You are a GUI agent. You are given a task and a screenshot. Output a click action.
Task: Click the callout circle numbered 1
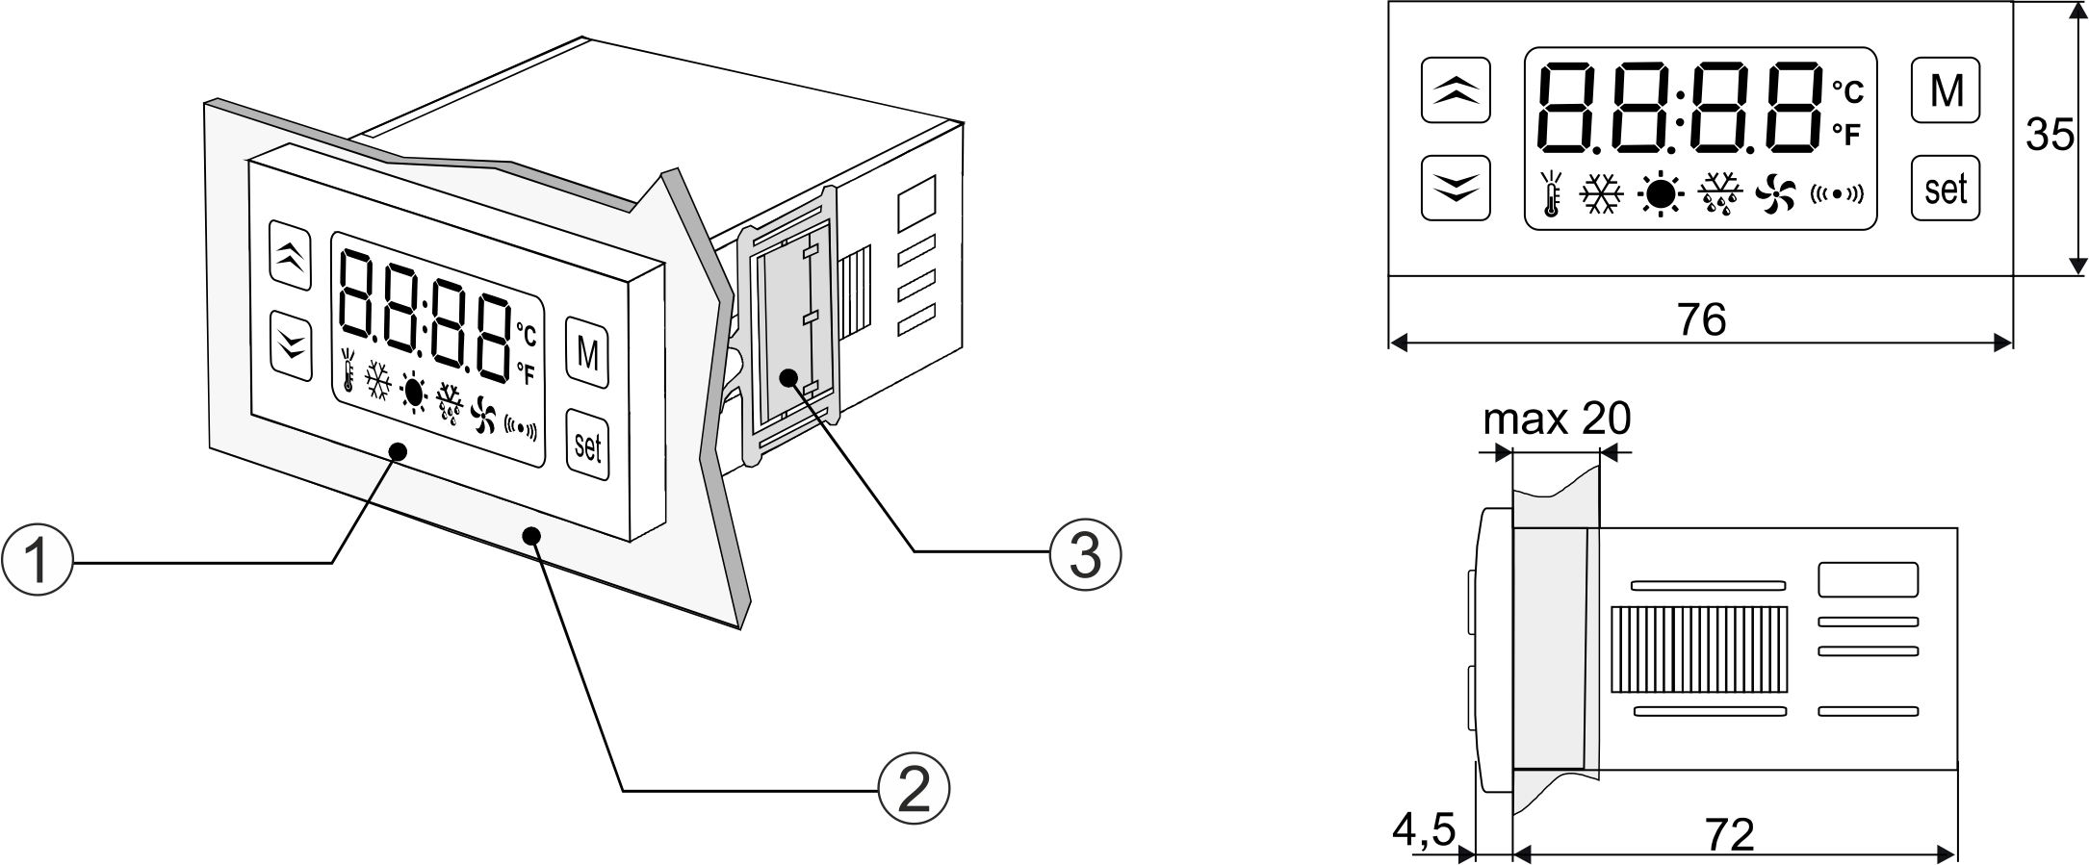[x=37, y=559]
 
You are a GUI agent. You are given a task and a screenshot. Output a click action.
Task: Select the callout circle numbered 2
[x=913, y=788]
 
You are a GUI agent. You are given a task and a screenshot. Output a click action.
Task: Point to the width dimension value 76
[x=1701, y=319]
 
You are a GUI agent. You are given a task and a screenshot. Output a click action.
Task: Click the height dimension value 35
[x=2049, y=135]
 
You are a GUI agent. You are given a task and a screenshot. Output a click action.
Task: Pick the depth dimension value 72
[x=1729, y=834]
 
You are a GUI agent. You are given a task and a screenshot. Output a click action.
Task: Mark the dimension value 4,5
[x=1424, y=829]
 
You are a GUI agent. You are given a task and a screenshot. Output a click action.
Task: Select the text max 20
[x=1557, y=420]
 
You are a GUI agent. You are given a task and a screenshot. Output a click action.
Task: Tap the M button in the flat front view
[x=1946, y=90]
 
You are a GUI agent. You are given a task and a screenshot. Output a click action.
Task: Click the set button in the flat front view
[x=1946, y=189]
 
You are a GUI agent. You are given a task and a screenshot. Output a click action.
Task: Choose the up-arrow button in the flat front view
[x=1456, y=90]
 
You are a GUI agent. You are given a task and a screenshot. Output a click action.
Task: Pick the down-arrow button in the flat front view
[x=1456, y=188]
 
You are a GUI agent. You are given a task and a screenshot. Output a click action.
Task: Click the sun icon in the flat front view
[x=1660, y=195]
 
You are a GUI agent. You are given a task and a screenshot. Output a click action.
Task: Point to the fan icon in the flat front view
[x=1775, y=195]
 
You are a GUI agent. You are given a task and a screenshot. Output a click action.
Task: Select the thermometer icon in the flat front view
[x=1551, y=194]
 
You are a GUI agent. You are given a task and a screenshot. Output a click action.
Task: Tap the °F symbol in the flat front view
[x=1846, y=135]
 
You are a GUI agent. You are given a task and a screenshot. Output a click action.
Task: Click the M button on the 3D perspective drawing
[x=587, y=353]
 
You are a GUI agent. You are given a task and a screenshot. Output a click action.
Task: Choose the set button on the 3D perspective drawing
[x=587, y=445]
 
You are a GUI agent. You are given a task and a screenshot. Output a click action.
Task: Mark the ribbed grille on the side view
[x=1698, y=649]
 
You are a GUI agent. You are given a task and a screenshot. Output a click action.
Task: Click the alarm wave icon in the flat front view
[x=1837, y=194]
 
